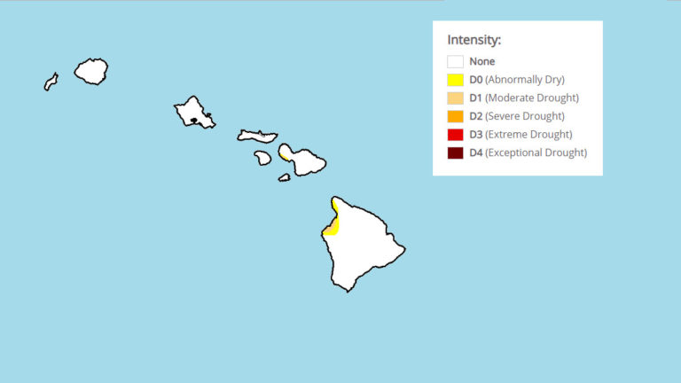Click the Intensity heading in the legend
click(474, 40)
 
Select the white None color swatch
click(455, 62)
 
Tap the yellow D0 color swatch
click(455, 80)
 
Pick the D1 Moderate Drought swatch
click(455, 98)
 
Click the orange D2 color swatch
click(455, 116)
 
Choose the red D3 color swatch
click(455, 135)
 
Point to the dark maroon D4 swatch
click(455, 153)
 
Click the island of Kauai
click(90, 71)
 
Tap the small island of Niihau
click(51, 82)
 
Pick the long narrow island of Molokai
click(257, 136)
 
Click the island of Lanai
click(262, 158)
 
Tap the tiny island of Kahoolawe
click(284, 177)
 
